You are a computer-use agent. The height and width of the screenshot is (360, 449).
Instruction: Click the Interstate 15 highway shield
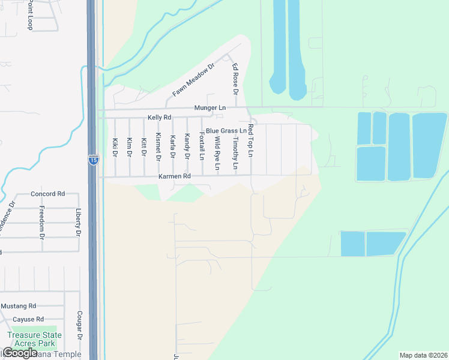tap(93, 160)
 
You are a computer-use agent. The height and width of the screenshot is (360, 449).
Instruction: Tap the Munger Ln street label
tap(209, 108)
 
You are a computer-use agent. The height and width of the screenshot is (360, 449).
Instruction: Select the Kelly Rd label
tap(159, 118)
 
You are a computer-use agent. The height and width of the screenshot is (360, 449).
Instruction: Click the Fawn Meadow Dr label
tap(193, 81)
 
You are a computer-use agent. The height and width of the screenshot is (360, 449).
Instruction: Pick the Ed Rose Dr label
tap(235, 80)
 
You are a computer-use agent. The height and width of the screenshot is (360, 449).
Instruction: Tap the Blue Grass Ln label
tap(226, 130)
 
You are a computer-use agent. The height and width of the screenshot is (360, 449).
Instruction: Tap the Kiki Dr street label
tap(115, 148)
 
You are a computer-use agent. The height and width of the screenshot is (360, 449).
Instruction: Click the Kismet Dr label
tap(158, 146)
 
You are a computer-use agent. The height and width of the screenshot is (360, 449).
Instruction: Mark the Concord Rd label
tap(47, 194)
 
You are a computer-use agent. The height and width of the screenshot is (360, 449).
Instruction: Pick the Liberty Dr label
tap(78, 221)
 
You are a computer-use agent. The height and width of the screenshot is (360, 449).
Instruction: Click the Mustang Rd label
tap(18, 306)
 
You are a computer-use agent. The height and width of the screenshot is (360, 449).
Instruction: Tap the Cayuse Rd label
tap(28, 319)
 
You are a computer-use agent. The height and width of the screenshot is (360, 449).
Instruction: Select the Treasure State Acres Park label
tap(31, 339)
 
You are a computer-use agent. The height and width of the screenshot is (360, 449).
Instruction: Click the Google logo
tap(20, 353)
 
